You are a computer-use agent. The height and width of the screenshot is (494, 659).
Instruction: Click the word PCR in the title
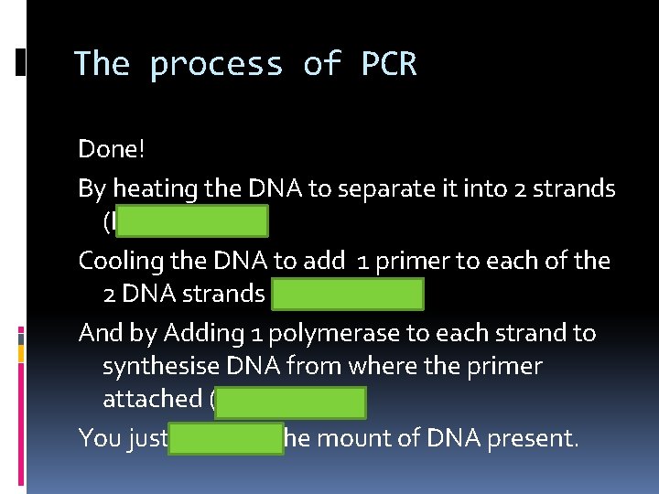click(389, 64)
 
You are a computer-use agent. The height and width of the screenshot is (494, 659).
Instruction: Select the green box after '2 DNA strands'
click(348, 295)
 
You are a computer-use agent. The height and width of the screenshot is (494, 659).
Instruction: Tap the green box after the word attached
click(291, 401)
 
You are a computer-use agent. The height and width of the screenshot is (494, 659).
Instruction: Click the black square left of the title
click(20, 61)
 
